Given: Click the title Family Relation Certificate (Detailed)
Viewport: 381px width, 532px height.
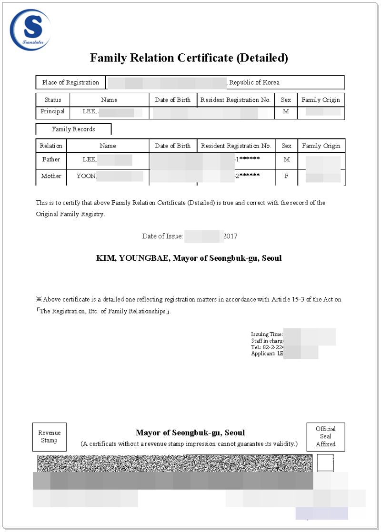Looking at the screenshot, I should [x=189, y=58].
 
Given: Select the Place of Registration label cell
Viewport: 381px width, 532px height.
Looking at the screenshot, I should [x=70, y=82].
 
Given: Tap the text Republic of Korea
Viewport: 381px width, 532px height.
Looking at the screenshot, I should [x=254, y=82].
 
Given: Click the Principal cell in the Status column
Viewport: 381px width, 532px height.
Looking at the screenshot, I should [x=53, y=112].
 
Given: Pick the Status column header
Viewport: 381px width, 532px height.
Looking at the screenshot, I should [x=53, y=100].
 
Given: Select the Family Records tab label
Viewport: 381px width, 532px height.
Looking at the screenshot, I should [x=73, y=129].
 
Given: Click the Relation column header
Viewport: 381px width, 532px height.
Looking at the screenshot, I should [x=51, y=146].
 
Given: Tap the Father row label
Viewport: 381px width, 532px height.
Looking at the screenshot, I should [x=51, y=159].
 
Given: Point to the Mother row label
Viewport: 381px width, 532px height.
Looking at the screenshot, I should [x=51, y=176].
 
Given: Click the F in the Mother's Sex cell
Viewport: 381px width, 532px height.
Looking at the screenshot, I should [x=286, y=176].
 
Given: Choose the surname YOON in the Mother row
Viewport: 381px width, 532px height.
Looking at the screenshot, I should [x=86, y=176].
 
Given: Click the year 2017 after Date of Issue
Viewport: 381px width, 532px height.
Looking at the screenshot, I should [x=230, y=236].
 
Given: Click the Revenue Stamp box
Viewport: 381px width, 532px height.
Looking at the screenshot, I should [x=50, y=437].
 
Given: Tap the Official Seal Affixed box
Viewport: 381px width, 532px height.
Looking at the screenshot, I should [x=326, y=436].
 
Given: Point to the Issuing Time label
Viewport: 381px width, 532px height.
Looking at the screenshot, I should [x=267, y=335].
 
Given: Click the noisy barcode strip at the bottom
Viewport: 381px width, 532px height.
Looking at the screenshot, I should [x=175, y=463].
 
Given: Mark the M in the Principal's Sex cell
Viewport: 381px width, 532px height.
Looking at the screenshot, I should [x=286, y=112].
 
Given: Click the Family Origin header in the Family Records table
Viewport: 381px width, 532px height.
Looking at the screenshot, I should [x=321, y=146].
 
